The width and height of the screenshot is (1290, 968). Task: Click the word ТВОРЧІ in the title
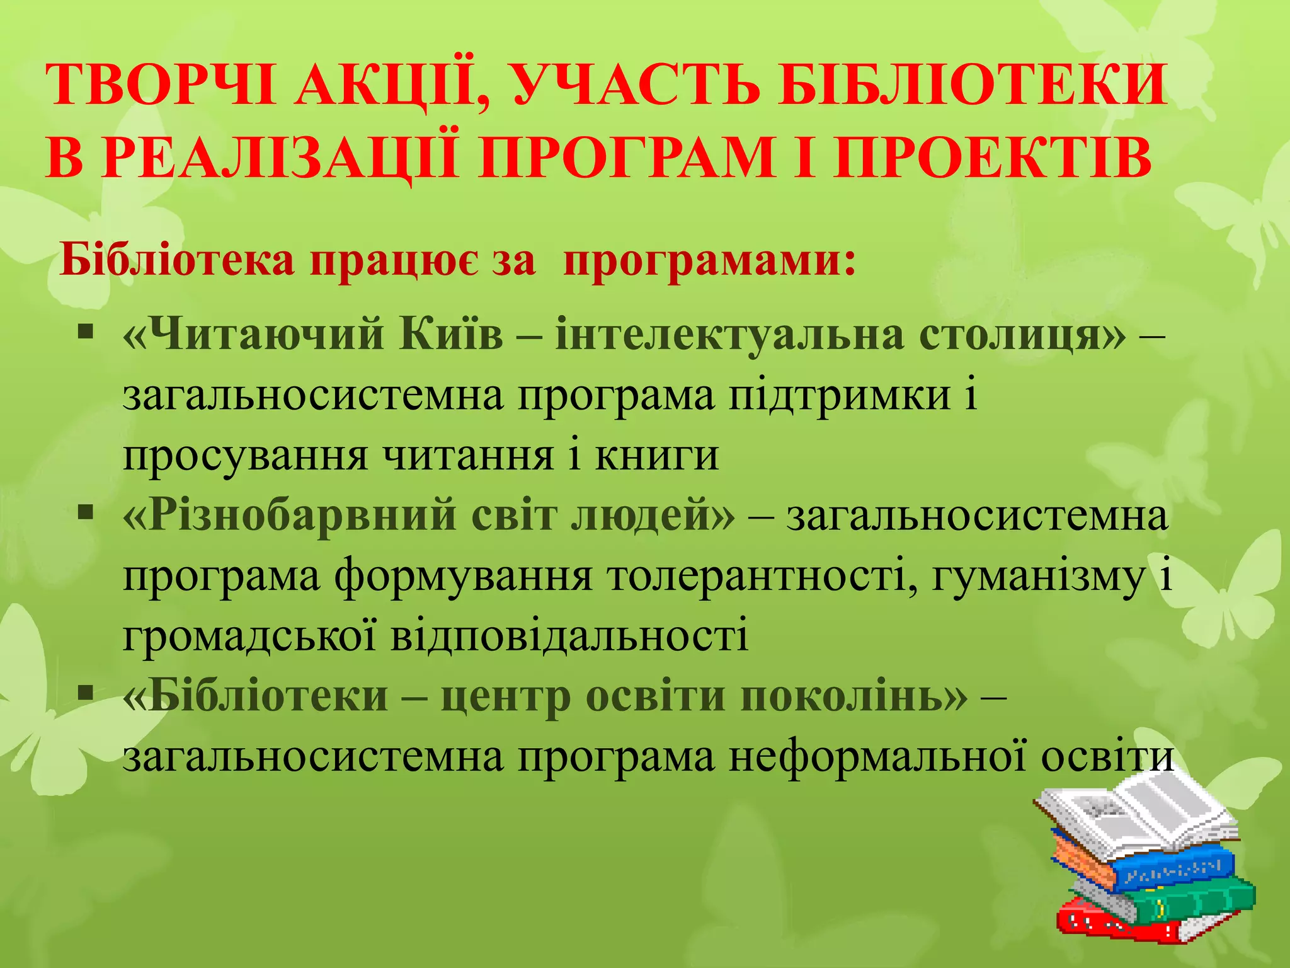160,85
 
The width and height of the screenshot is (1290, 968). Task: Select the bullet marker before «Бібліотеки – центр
86,693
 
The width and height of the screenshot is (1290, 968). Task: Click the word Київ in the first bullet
451,334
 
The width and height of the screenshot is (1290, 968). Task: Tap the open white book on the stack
1134,813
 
